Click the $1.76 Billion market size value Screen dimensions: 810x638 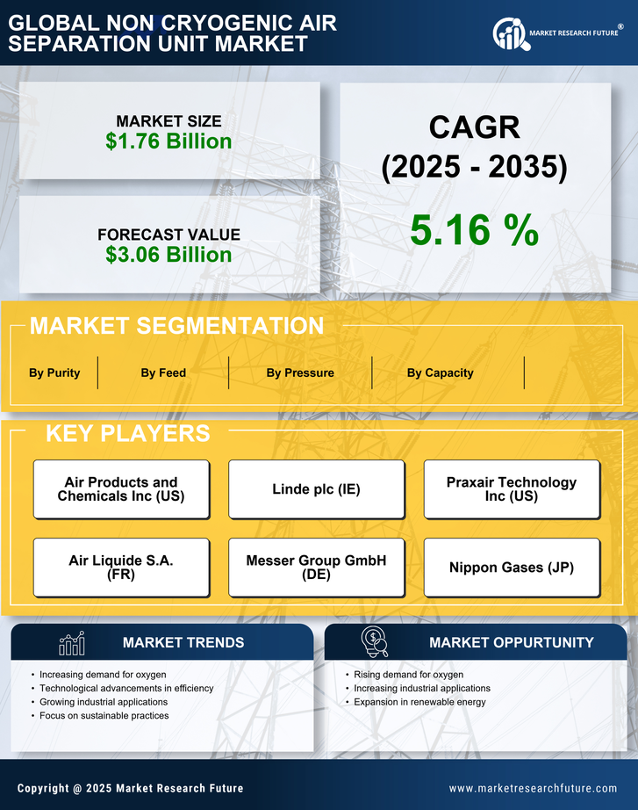168,141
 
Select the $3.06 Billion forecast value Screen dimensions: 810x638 168,255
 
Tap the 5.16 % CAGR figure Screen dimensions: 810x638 474,230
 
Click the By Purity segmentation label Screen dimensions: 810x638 54,372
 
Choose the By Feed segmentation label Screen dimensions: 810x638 163,372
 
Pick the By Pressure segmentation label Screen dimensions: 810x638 300,372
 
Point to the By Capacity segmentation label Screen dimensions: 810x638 440,372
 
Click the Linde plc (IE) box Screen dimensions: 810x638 316,489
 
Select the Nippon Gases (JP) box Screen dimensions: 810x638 512,568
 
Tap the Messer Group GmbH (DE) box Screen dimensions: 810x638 316,568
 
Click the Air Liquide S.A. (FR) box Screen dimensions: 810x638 121,568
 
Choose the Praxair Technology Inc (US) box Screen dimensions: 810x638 512,489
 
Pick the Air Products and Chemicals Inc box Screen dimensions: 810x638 121,489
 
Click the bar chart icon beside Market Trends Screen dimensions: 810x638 72,644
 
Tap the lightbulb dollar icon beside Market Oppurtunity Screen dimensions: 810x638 375,643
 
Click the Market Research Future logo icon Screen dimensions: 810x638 509,34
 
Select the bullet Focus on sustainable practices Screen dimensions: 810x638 104,716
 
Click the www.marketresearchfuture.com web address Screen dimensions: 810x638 533,788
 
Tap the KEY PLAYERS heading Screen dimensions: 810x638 127,433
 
